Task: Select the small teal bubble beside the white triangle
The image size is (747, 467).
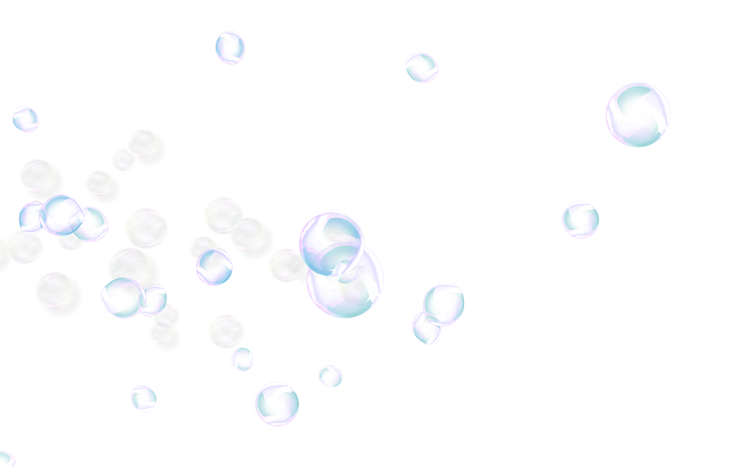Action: [25, 119]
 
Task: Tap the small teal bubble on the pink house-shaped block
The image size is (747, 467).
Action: [143, 398]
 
